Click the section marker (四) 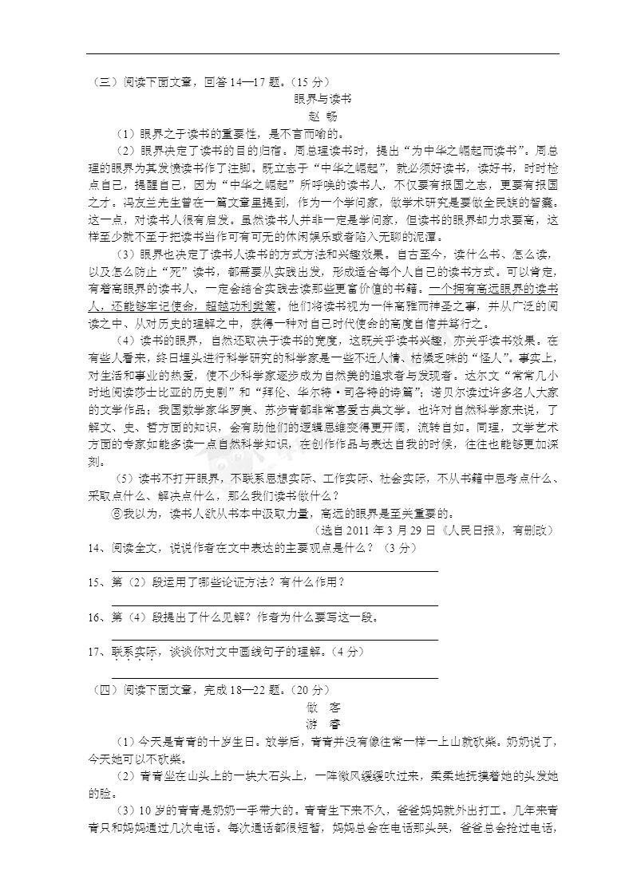click(100, 689)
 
